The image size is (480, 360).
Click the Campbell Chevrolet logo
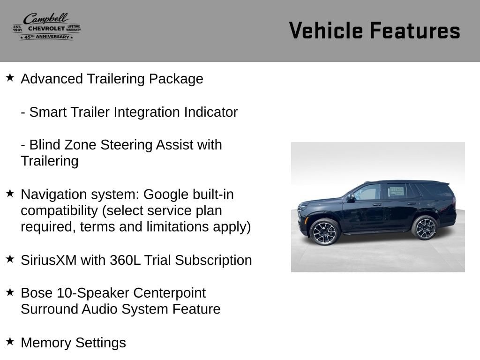[x=47, y=27]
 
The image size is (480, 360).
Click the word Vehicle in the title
[x=326, y=30]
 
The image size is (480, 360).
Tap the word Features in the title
[x=415, y=30]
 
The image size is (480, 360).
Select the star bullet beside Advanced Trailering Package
[x=10, y=77]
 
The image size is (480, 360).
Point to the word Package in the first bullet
[x=176, y=79]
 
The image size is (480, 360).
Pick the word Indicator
[x=210, y=112]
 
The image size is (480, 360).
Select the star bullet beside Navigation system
[x=10, y=193]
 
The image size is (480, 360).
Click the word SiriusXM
[x=49, y=260]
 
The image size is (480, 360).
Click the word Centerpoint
[x=169, y=293]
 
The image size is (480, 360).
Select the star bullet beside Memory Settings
[x=10, y=341]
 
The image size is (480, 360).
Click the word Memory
[x=46, y=343]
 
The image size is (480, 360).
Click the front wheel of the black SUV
[x=324, y=232]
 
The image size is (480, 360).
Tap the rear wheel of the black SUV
[x=425, y=228]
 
